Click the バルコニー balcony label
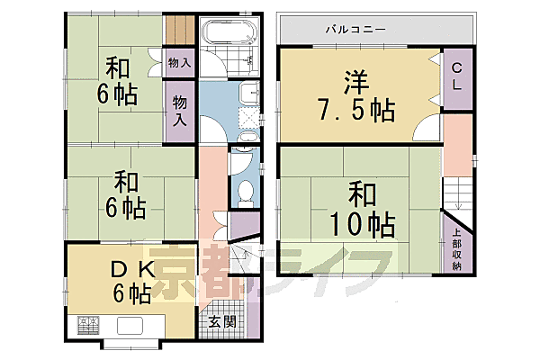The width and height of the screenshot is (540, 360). [x=355, y=30]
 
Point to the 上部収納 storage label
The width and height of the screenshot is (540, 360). [x=456, y=251]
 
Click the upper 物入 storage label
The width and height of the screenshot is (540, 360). [x=179, y=63]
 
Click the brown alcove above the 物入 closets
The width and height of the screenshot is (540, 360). [x=178, y=31]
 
